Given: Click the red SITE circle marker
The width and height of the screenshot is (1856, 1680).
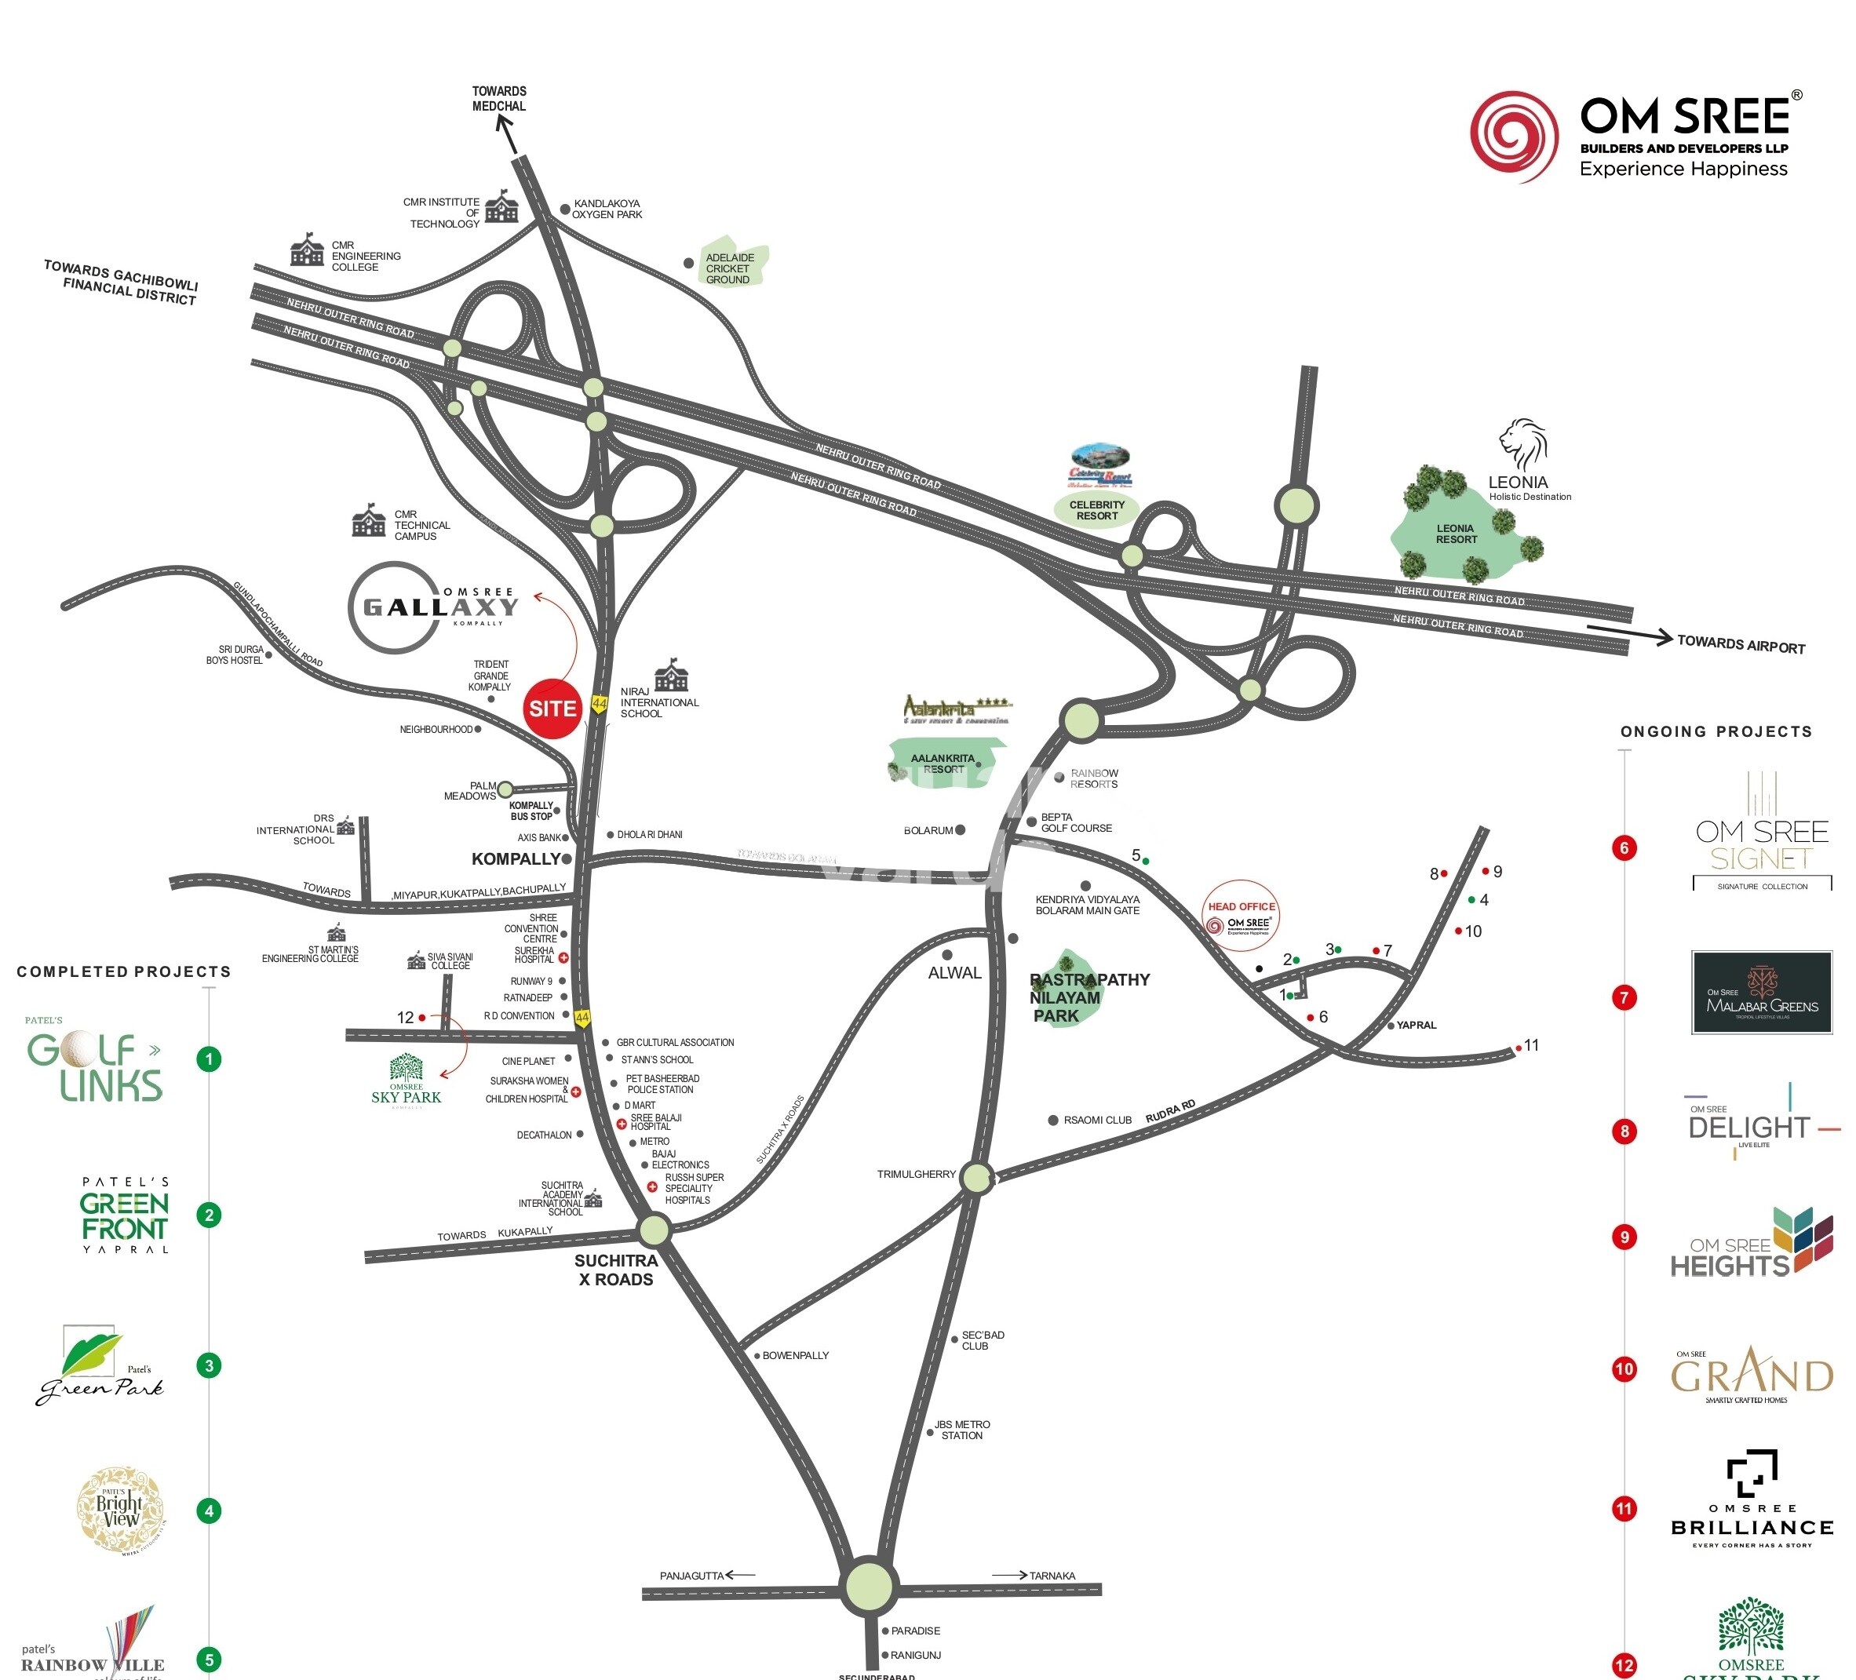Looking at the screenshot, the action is coord(552,708).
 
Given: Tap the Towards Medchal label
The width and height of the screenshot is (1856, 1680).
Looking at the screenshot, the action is coord(499,99).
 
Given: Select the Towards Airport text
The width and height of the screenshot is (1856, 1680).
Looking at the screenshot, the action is coord(1740,644).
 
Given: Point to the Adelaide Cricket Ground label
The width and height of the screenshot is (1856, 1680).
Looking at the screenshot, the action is coord(729,269).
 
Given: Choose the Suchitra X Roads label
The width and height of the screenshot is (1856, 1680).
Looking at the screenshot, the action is coord(616,1270).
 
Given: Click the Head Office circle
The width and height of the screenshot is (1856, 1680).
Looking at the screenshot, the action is coord(1241,916).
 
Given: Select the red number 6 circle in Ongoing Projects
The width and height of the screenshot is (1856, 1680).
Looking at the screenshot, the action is coord(1624,847).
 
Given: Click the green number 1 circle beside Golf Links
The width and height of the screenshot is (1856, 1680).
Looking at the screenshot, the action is coord(209,1059).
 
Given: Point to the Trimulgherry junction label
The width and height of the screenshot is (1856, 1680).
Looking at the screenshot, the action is coord(916,1174).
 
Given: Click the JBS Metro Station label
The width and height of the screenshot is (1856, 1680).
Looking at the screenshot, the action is coord(962,1430).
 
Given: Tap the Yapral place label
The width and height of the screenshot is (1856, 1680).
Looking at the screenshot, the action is coord(1416,1025).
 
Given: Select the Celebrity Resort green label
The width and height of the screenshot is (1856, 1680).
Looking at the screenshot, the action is coord(1096,510).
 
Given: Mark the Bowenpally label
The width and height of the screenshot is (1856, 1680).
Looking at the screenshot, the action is coord(796,1355).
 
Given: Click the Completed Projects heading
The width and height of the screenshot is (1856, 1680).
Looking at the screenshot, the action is coord(123,971).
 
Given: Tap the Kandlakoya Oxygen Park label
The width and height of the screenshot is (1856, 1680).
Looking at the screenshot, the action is coord(607,209).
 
